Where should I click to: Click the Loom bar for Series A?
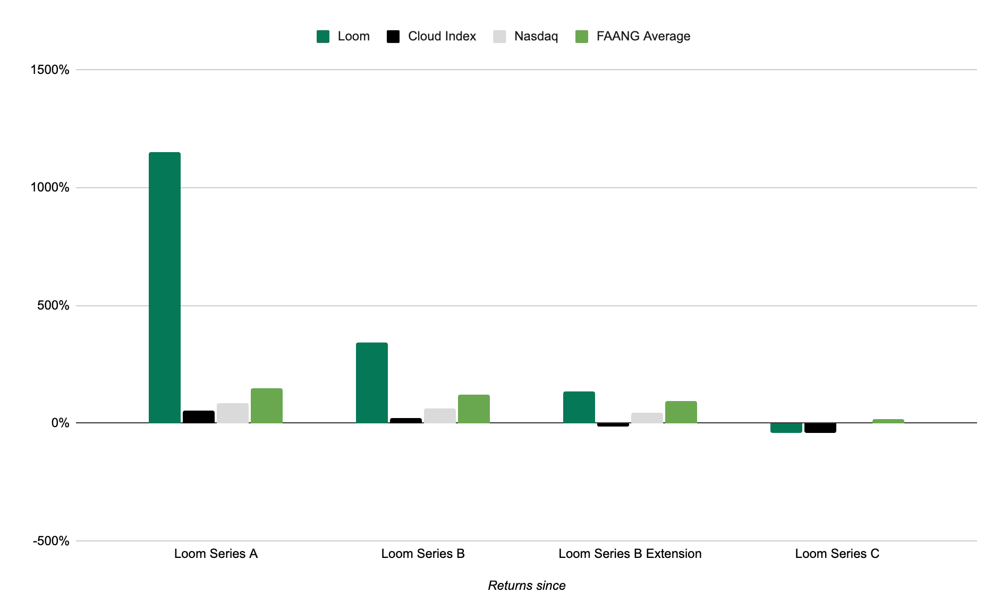point(164,287)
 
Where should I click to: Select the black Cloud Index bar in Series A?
point(198,417)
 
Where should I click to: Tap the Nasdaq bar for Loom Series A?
point(232,413)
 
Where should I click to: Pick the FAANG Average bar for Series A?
point(266,406)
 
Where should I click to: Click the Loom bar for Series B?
point(371,383)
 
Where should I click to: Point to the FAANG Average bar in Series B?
point(473,409)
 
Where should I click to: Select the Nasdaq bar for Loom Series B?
point(439,416)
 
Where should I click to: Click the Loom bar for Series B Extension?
point(579,407)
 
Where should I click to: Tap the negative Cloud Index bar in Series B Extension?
point(613,424)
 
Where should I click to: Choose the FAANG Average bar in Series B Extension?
point(681,412)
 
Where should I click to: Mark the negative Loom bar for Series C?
point(786,428)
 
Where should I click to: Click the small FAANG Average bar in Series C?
point(888,421)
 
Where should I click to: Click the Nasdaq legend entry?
point(536,36)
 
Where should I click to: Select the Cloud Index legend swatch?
point(393,36)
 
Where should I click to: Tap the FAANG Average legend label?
point(643,36)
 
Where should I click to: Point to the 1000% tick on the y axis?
point(50,187)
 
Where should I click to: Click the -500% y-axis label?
point(51,541)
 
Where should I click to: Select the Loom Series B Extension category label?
point(630,554)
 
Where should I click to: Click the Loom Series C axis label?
point(837,554)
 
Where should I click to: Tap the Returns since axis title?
point(527,586)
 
